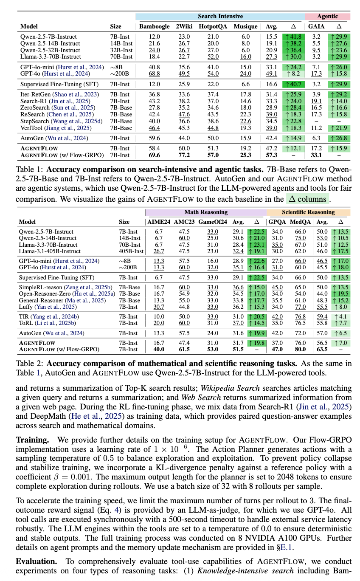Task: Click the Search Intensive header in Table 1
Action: tap(220, 17)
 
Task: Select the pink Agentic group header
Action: tap(328, 17)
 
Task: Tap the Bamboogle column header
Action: tap(155, 26)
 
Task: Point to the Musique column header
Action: tap(246, 26)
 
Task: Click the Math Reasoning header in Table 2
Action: tap(206, 212)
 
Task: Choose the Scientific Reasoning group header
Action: tap(308, 212)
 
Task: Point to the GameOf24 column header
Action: tap(213, 222)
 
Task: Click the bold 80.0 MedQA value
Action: tap(301, 350)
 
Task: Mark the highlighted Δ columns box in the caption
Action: tap(307, 199)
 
